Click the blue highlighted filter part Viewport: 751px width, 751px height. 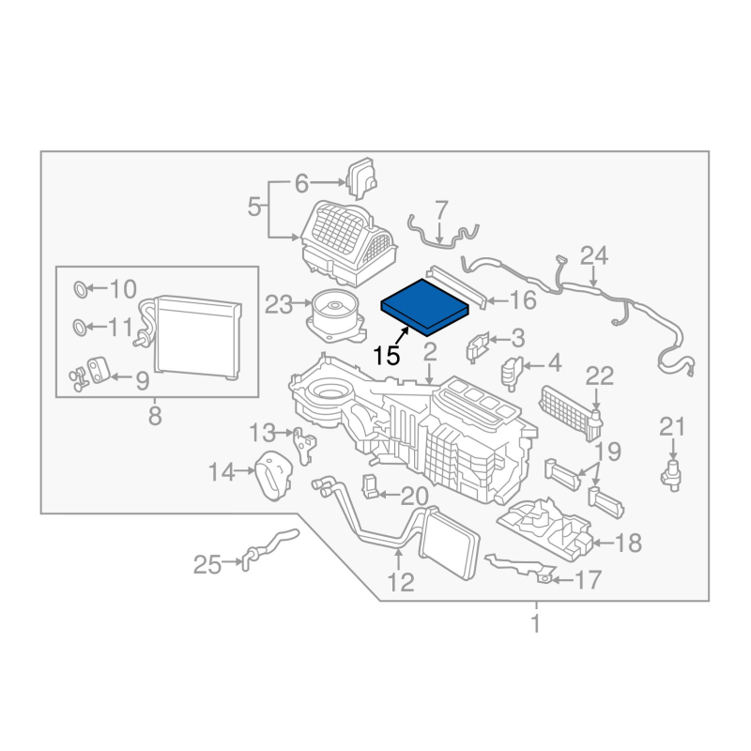(x=424, y=308)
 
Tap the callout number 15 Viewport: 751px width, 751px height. (x=386, y=356)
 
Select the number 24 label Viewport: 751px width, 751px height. (x=594, y=255)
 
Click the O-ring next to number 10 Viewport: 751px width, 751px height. (x=81, y=289)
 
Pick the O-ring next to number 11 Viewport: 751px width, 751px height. (x=80, y=328)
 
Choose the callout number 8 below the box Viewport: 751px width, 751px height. (x=155, y=416)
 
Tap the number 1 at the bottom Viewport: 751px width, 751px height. (x=536, y=623)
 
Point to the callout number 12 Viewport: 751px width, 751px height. (x=401, y=582)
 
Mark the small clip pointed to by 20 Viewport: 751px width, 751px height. (x=370, y=486)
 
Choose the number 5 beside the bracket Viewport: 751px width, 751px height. (x=254, y=207)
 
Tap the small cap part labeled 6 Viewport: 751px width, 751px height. (x=362, y=178)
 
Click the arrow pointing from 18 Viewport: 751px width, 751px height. (x=602, y=543)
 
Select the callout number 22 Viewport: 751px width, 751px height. (x=599, y=376)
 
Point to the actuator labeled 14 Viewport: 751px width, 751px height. (x=273, y=476)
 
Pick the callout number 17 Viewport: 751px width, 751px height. (x=588, y=580)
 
